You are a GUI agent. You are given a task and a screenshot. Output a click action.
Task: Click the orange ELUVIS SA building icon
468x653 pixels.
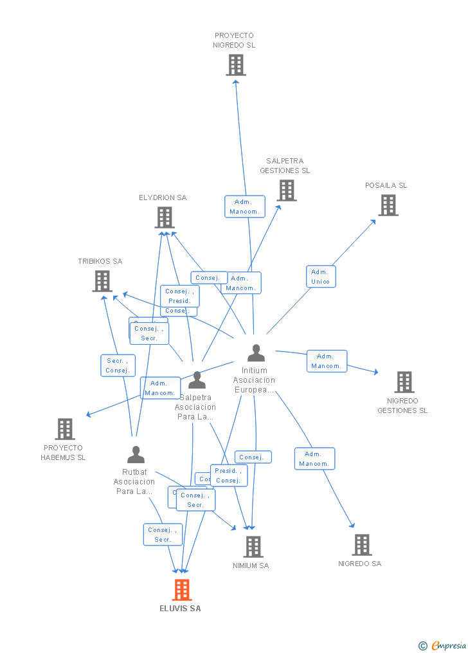[182, 590]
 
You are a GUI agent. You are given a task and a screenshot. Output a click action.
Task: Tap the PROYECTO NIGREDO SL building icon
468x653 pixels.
[236, 65]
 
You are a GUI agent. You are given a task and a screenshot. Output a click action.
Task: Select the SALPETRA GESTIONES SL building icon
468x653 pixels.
[287, 190]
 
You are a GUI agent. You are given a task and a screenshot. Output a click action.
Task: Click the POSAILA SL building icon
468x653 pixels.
[388, 205]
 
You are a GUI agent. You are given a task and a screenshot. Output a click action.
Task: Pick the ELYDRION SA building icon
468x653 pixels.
[165, 217]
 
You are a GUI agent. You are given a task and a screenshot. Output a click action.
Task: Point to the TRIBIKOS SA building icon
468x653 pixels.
[102, 281]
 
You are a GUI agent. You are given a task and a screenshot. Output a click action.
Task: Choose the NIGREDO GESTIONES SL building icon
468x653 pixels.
[404, 382]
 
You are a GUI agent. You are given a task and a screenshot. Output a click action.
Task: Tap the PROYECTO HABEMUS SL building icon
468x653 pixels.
[65, 429]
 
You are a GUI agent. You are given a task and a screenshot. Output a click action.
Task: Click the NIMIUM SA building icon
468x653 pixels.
[253, 547]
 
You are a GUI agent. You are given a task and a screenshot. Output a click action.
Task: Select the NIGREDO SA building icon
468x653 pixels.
[362, 545]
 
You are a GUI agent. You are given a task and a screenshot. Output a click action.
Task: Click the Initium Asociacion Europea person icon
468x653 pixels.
[256, 353]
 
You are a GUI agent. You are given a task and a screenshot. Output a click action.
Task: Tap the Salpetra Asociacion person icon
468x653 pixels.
[197, 380]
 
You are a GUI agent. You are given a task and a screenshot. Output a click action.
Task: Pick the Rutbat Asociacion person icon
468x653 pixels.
[136, 455]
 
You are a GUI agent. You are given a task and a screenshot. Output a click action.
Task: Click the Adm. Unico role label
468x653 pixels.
[320, 277]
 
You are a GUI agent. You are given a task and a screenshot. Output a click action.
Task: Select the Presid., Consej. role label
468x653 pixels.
[228, 475]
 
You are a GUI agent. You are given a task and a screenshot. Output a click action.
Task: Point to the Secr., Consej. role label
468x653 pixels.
[118, 365]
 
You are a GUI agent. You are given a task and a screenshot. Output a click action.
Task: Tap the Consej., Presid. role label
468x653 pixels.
[179, 296]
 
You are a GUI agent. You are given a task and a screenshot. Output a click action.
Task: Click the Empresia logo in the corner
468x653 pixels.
[443, 645]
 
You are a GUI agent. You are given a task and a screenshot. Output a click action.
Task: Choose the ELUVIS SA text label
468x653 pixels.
[181, 608]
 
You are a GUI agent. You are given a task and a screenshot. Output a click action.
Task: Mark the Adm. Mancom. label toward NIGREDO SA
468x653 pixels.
[314, 459]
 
